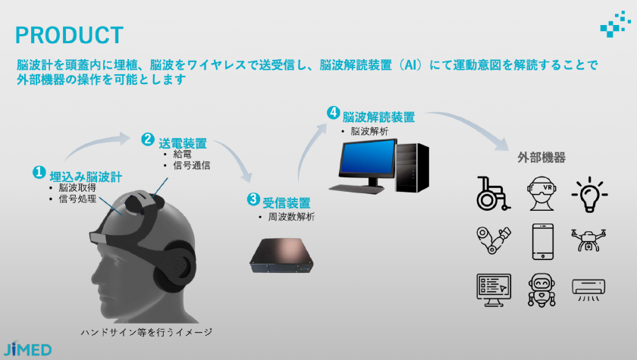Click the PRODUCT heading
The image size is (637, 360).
(69, 35)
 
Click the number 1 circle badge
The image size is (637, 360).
(39, 173)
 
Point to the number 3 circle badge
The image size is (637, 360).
(253, 199)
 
